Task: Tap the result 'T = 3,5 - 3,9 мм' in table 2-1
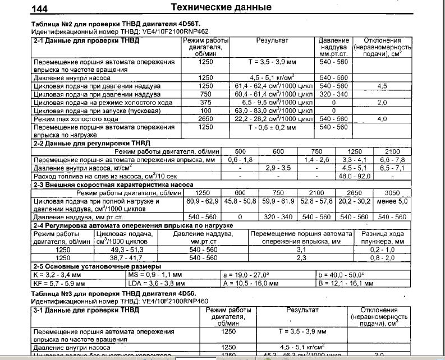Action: tap(272, 61)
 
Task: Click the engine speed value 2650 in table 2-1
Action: tap(205, 119)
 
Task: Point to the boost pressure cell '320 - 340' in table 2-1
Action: tap(333, 95)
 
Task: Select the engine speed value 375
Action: tap(205, 103)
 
